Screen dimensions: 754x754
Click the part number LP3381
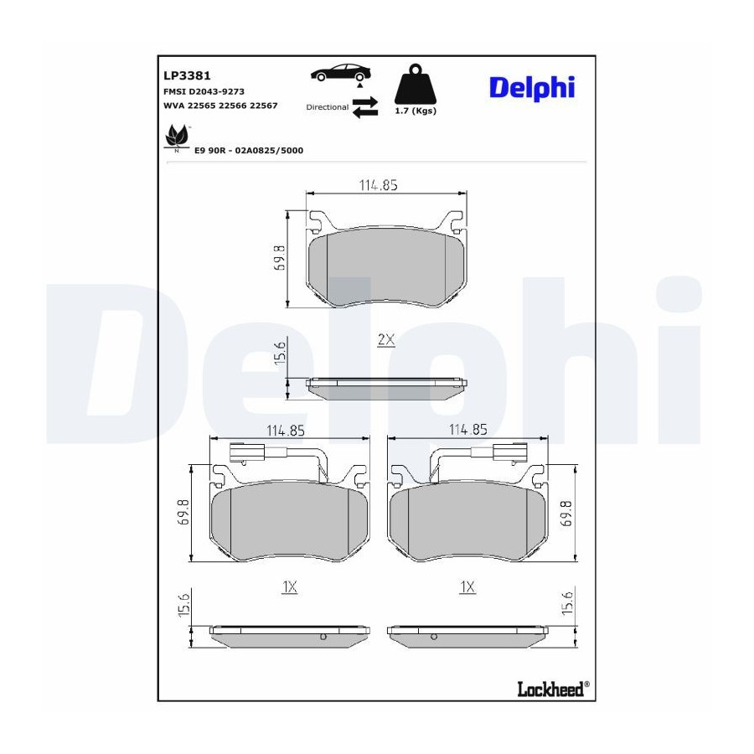187,75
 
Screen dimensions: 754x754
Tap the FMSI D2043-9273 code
204,91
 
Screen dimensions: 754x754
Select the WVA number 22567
262,106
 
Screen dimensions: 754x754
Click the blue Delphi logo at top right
532,87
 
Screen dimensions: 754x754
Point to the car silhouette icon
341,73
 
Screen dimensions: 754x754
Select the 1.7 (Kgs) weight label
416,111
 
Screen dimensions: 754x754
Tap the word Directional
328,107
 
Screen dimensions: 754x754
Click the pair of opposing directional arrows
365,107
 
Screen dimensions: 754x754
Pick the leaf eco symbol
177,137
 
